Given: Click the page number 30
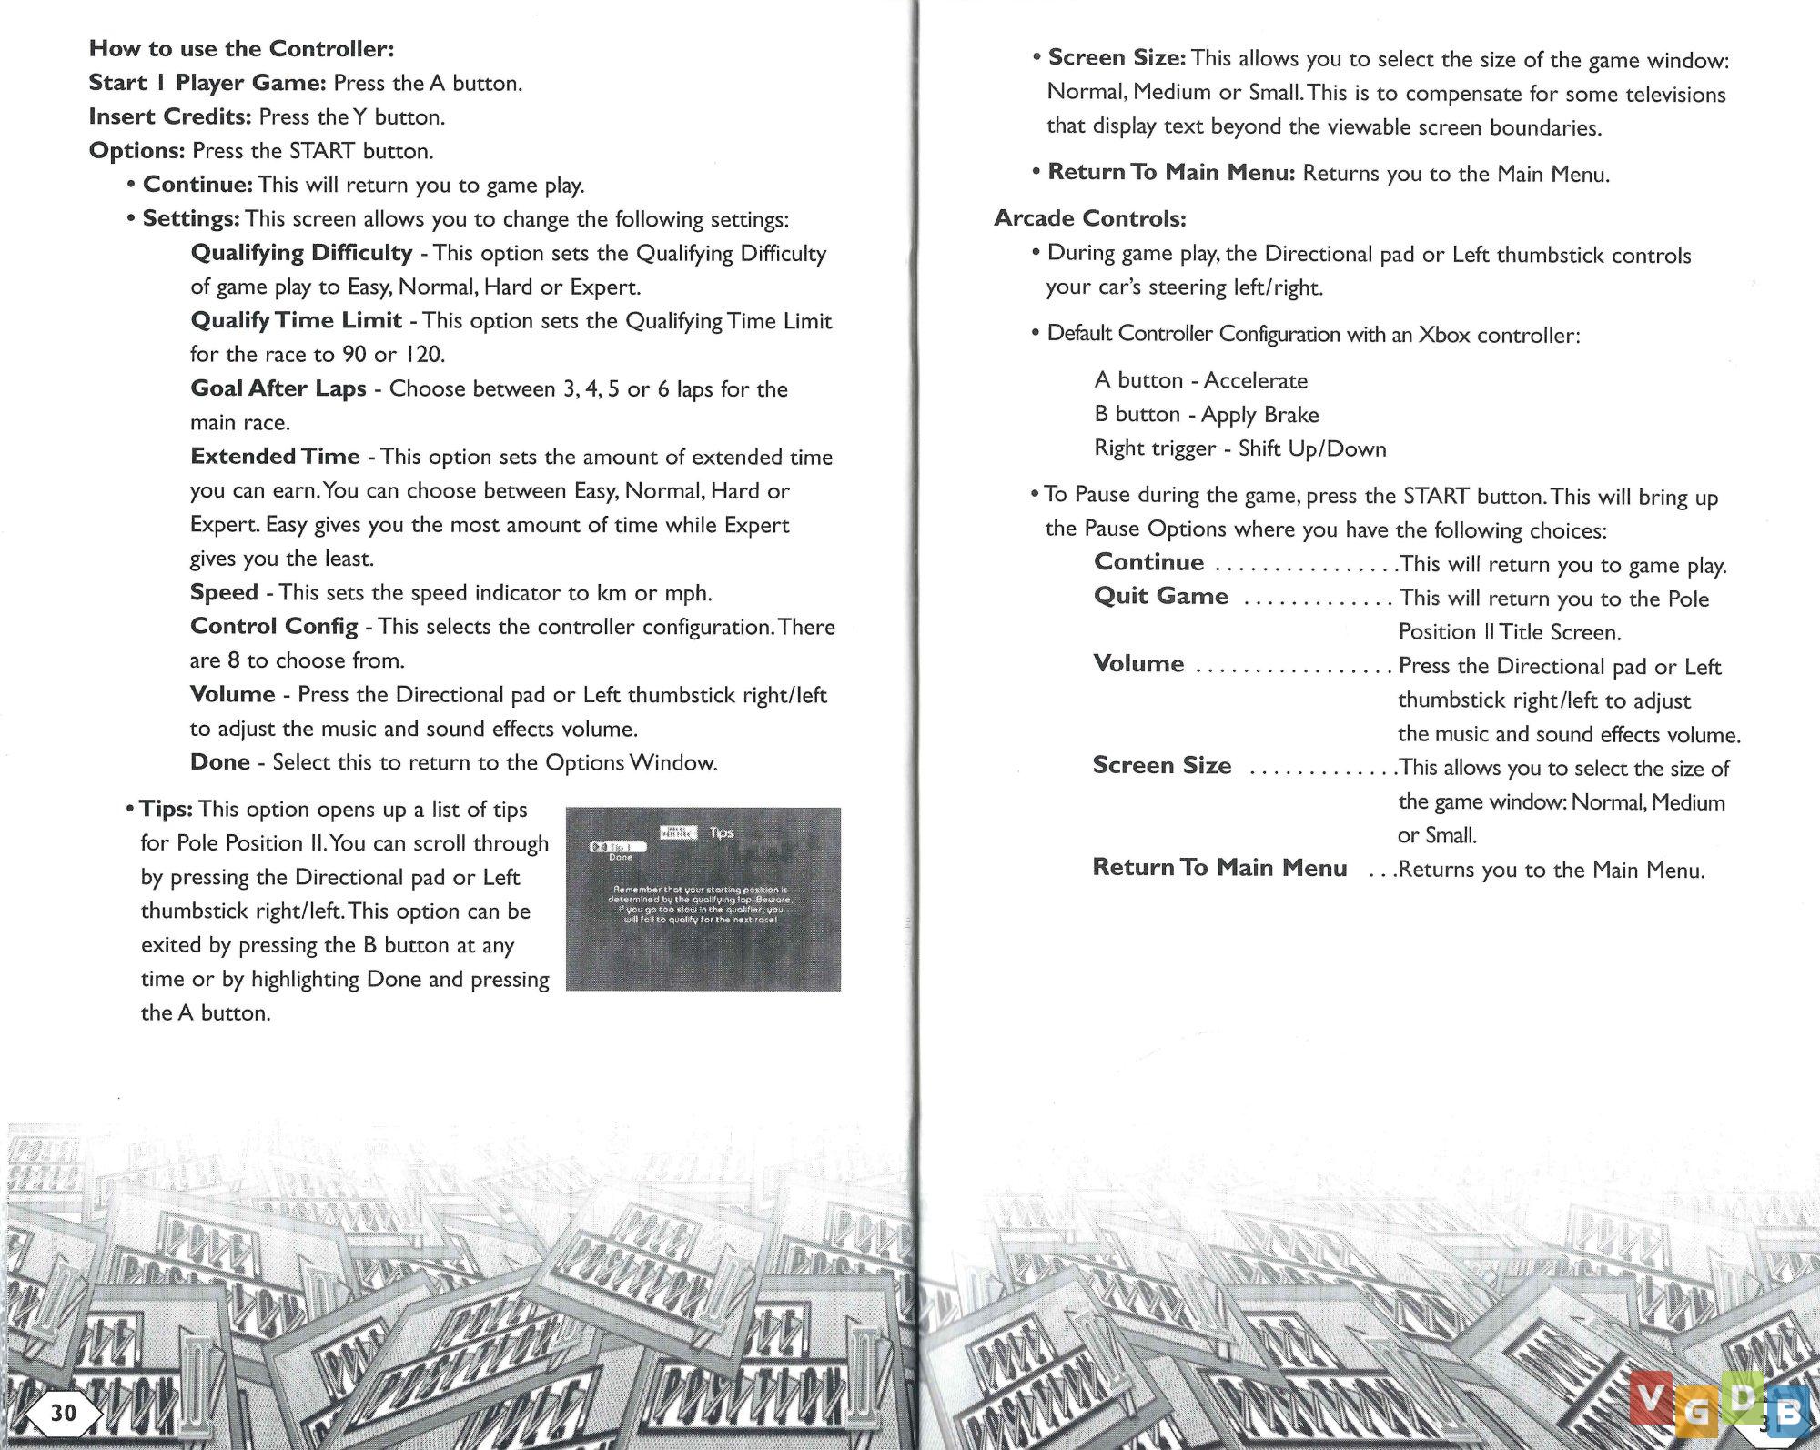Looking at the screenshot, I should coord(63,1413).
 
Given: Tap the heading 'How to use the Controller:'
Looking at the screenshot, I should coord(241,48).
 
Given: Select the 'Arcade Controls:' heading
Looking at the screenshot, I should coord(1089,218).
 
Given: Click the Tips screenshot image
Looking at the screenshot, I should coord(703,899).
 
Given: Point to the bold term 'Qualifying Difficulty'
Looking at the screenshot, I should coord(301,252).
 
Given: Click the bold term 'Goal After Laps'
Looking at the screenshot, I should coord(278,388).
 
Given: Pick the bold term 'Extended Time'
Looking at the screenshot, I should coord(275,456).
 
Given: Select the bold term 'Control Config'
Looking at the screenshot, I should coord(274,626).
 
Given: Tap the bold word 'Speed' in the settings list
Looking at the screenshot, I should coord(224,592).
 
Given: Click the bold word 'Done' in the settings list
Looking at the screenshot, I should coord(219,761).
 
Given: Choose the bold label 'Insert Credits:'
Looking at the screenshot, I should coord(169,116).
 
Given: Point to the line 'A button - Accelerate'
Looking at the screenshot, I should coord(1200,380).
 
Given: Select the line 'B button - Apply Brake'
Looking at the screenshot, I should coord(1206,414).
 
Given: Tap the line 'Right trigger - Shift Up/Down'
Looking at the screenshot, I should coord(1239,448).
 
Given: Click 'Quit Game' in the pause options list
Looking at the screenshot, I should coord(1160,596).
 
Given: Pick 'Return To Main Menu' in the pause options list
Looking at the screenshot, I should coord(1219,867).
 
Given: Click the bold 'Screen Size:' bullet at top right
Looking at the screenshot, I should coord(1117,58).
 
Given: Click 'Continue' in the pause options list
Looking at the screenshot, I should coord(1148,562).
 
